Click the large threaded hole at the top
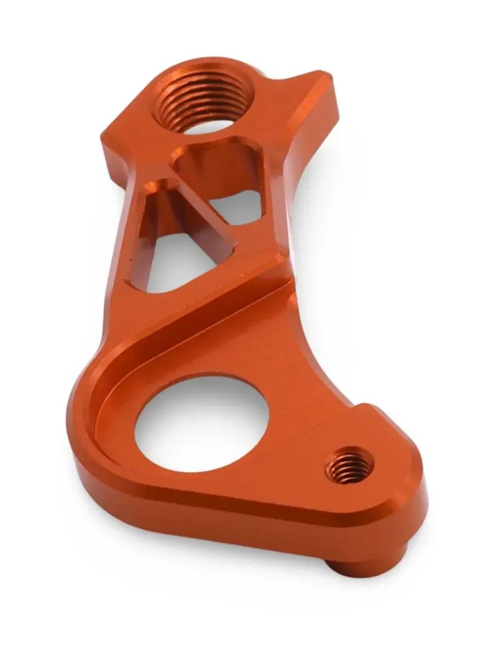[x=205, y=99]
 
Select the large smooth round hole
[x=202, y=422]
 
